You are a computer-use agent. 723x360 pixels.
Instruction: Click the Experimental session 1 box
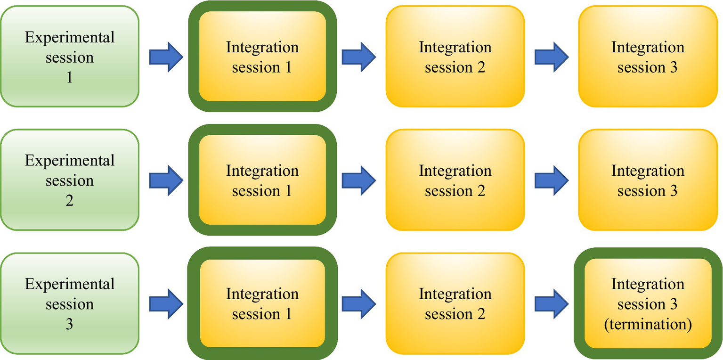pyautogui.click(x=69, y=57)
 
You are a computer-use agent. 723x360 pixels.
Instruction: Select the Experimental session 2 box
pyautogui.click(x=69, y=180)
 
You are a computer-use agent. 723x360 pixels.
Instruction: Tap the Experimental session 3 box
pyautogui.click(x=69, y=303)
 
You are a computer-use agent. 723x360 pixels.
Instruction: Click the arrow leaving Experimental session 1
pyautogui.click(x=166, y=57)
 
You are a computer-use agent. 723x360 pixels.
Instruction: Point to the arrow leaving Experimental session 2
pyautogui.click(x=166, y=180)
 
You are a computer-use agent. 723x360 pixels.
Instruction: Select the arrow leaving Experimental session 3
pyautogui.click(x=166, y=303)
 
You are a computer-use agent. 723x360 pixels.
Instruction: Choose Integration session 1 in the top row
pyautogui.click(x=262, y=57)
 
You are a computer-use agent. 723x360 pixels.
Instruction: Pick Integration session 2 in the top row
pyautogui.click(x=455, y=57)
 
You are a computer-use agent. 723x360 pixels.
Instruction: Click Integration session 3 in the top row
pyautogui.click(x=648, y=57)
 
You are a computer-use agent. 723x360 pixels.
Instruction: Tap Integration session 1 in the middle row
pyautogui.click(x=262, y=180)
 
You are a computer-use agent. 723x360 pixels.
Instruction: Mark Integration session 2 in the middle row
pyautogui.click(x=455, y=180)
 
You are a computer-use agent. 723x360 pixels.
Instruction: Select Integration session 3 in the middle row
pyautogui.click(x=648, y=180)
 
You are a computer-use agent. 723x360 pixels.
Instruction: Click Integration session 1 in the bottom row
pyautogui.click(x=262, y=303)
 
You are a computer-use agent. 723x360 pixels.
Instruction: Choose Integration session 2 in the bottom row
pyautogui.click(x=455, y=303)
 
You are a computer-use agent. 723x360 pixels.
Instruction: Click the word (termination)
pyautogui.click(x=648, y=325)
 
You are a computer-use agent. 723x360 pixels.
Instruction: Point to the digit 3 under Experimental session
pyautogui.click(x=69, y=325)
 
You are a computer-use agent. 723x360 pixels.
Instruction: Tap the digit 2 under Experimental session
pyautogui.click(x=69, y=201)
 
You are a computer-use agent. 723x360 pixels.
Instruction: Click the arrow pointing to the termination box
pyautogui.click(x=552, y=303)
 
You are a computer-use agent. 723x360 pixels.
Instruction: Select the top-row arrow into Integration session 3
pyautogui.click(x=552, y=57)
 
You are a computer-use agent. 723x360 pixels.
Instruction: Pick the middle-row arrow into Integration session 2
pyautogui.click(x=359, y=180)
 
